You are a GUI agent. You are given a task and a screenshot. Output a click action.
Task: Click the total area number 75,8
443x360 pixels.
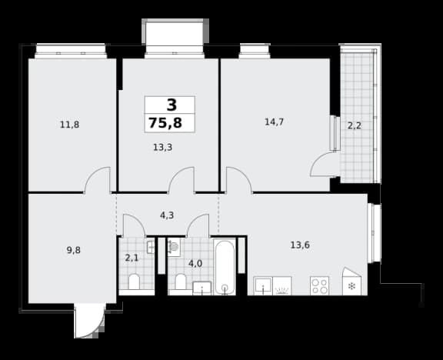165,123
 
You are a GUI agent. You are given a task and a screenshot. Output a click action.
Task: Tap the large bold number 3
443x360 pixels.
172,105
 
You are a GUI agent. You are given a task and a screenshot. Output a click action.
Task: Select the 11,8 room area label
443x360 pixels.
69,125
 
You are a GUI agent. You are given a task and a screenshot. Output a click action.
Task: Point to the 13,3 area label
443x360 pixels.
163,147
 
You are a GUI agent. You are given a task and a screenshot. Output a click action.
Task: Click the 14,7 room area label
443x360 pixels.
274,122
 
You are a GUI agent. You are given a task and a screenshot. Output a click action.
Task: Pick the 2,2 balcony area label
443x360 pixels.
355,125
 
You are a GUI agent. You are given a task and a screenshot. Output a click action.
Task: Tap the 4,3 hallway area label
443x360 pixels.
167,215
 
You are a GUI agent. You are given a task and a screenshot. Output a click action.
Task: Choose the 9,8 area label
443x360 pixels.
74,250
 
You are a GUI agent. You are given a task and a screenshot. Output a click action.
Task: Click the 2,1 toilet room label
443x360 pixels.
132,258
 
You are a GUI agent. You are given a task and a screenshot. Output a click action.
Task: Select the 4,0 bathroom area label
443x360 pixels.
195,264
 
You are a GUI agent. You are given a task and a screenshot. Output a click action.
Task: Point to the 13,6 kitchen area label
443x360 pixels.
300,245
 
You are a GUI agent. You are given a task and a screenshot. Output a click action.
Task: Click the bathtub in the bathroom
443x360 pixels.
225,267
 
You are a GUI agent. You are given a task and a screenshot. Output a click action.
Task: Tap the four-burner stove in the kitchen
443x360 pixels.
319,286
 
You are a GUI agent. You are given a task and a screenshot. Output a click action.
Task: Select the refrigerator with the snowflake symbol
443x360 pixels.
351,282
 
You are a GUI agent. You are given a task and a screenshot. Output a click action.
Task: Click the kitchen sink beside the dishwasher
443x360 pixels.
263,286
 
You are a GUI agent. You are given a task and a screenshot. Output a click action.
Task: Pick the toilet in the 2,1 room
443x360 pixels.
134,282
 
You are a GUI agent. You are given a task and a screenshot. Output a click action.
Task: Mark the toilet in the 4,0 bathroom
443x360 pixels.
180,282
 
